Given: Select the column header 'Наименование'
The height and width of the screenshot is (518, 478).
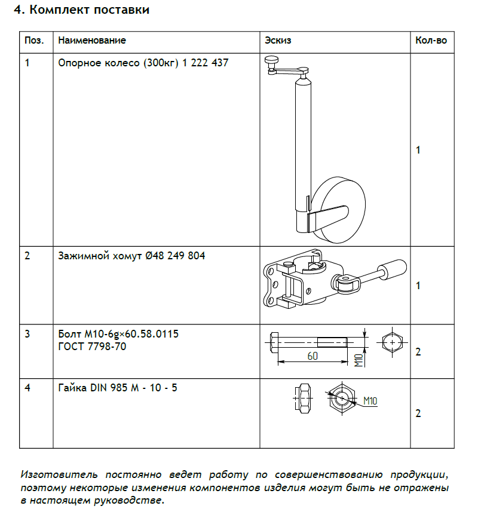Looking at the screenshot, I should [x=92, y=41].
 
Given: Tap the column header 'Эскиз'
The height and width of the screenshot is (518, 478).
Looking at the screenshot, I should [x=278, y=41].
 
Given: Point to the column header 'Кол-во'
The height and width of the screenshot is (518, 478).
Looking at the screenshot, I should [x=430, y=41].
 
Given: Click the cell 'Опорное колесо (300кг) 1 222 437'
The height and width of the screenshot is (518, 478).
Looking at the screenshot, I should [x=143, y=62].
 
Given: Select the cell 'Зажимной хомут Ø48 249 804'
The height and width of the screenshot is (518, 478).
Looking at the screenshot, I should [x=131, y=256].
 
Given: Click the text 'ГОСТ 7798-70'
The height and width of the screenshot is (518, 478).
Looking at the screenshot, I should [x=92, y=346].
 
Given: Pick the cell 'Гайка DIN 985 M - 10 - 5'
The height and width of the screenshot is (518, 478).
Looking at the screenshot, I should [x=118, y=388].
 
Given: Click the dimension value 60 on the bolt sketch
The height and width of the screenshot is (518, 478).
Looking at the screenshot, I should [x=312, y=356].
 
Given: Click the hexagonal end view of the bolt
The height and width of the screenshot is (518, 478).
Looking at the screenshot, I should [x=391, y=342].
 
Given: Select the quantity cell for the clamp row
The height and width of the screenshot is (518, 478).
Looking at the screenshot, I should [x=418, y=286].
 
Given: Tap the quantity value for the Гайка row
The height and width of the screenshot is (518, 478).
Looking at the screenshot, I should [x=418, y=413].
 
